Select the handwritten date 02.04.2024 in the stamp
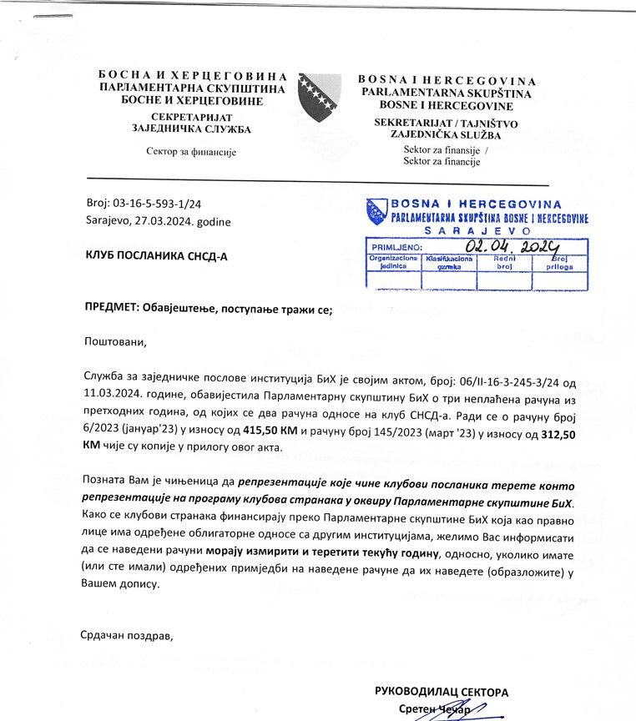513,246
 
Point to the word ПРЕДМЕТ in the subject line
112,310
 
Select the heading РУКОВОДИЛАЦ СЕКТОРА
442,692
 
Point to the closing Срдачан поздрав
126,636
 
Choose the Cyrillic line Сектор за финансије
192,152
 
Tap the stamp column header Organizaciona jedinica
394,263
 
